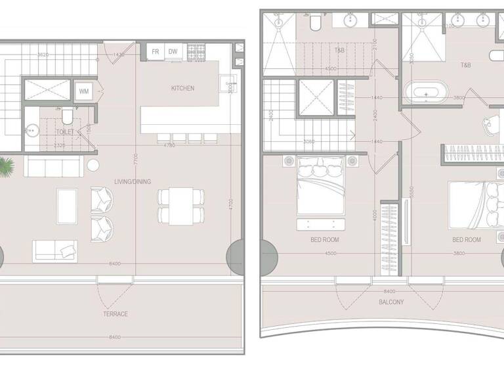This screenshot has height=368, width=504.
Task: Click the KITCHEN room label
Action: [182, 88]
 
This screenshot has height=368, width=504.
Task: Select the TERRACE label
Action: [115, 314]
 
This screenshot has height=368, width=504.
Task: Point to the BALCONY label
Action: [391, 302]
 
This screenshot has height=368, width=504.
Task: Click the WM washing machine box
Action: [85, 91]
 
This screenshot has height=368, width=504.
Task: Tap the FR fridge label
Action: [156, 51]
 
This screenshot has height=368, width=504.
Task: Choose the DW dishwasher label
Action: [173, 51]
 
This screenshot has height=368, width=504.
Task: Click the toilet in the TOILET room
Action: [66, 117]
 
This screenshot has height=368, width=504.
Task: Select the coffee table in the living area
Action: [66, 205]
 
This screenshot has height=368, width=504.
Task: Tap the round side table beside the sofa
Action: [93, 164]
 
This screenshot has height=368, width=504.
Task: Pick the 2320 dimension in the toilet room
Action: [59, 145]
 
